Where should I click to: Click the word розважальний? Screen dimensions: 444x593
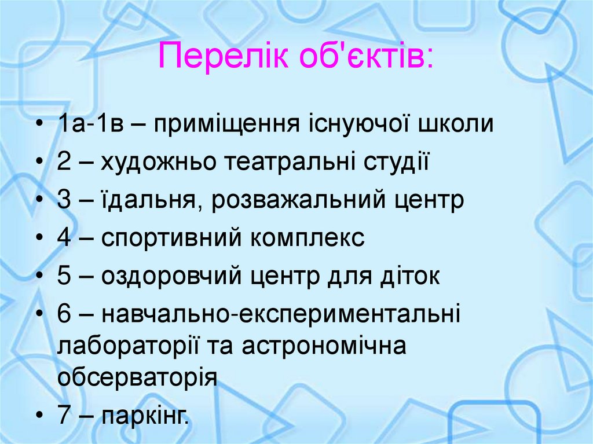click(x=307, y=200)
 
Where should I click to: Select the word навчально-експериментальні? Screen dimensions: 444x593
click(x=281, y=314)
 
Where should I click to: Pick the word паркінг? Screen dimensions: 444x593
click(x=145, y=416)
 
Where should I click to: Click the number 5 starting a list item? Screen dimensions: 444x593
click(x=64, y=277)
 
